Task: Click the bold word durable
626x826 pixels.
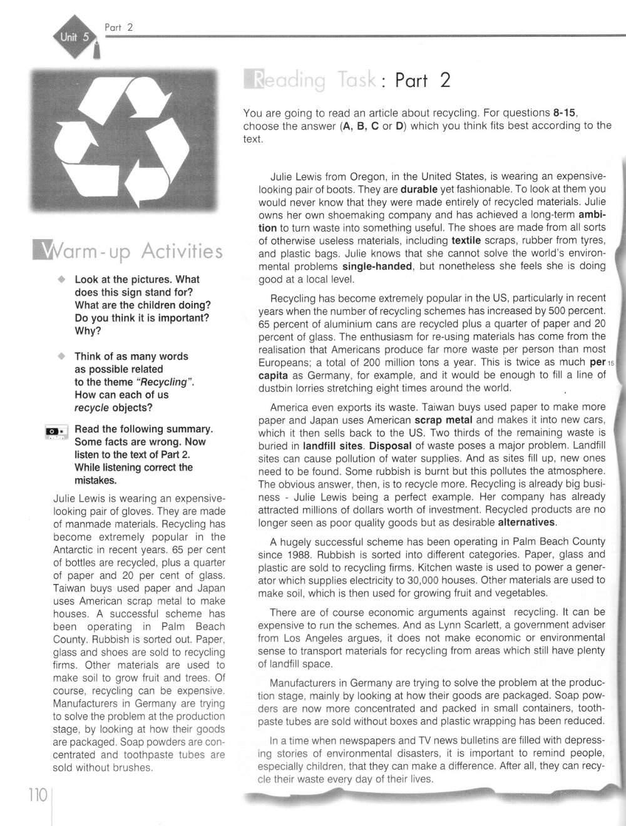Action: [419, 188]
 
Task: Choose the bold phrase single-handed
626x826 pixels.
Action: [372, 266]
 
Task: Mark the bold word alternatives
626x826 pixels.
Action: [527, 522]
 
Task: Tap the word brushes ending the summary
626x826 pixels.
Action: [133, 767]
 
